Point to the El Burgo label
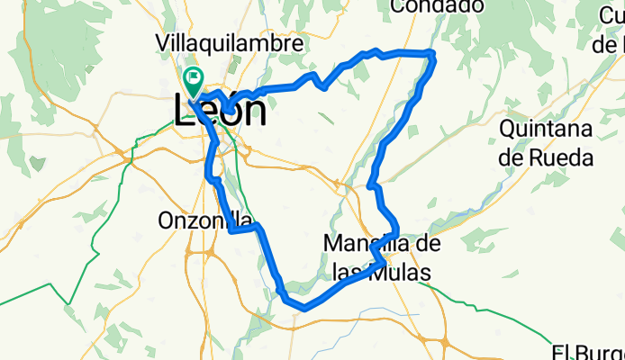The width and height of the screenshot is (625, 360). pos(589,352)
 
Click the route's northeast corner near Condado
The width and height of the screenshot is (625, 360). pos(433,56)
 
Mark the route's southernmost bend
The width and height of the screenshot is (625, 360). pos(304,308)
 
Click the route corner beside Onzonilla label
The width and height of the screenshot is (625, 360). pos(234,229)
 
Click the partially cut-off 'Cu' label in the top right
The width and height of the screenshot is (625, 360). pos(612,15)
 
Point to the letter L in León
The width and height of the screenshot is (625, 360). pos(184,111)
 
